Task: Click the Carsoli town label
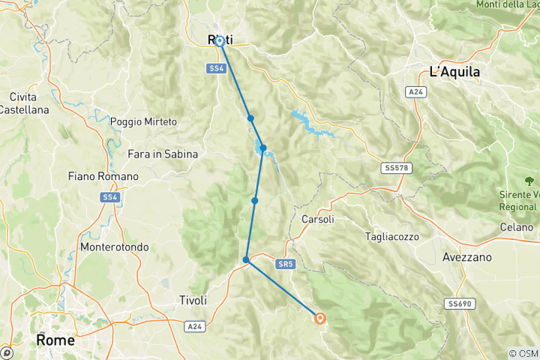[316, 220]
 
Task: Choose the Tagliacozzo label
[391, 236]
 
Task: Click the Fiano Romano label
[103, 176]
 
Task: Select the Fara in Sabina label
[163, 154]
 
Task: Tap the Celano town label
[517, 226]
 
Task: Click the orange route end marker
[320, 318]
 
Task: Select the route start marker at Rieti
[219, 41]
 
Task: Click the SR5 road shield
[283, 264]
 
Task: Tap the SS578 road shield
[394, 168]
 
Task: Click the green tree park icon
[529, 181]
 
